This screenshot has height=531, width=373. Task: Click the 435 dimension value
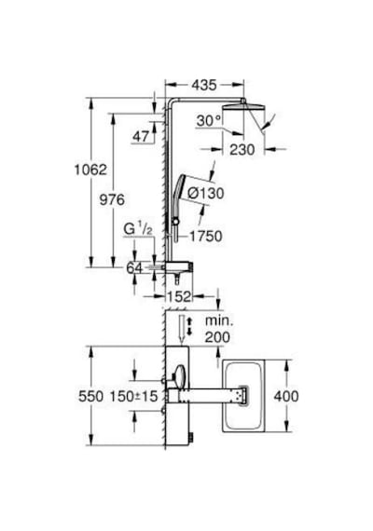(x=204, y=86)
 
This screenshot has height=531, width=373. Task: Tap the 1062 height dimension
(x=90, y=170)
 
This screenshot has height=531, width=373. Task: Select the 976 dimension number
(x=112, y=199)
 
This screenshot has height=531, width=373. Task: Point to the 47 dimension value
(x=141, y=136)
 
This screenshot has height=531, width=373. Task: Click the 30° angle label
(x=209, y=120)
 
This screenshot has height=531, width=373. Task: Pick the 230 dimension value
(x=242, y=150)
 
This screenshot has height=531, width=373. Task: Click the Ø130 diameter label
(x=206, y=194)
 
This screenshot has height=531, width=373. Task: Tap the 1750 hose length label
(x=205, y=237)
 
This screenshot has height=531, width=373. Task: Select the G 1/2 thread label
(x=138, y=229)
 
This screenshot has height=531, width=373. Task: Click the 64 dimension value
(x=134, y=268)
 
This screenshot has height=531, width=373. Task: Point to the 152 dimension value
(x=179, y=297)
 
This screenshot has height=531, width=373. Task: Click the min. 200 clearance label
(x=218, y=329)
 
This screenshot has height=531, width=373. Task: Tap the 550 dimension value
(x=90, y=396)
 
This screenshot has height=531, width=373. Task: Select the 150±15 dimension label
(x=133, y=396)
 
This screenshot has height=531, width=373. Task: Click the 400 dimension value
(x=286, y=396)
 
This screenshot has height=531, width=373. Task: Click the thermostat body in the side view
(x=179, y=266)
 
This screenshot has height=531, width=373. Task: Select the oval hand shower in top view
(x=180, y=377)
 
